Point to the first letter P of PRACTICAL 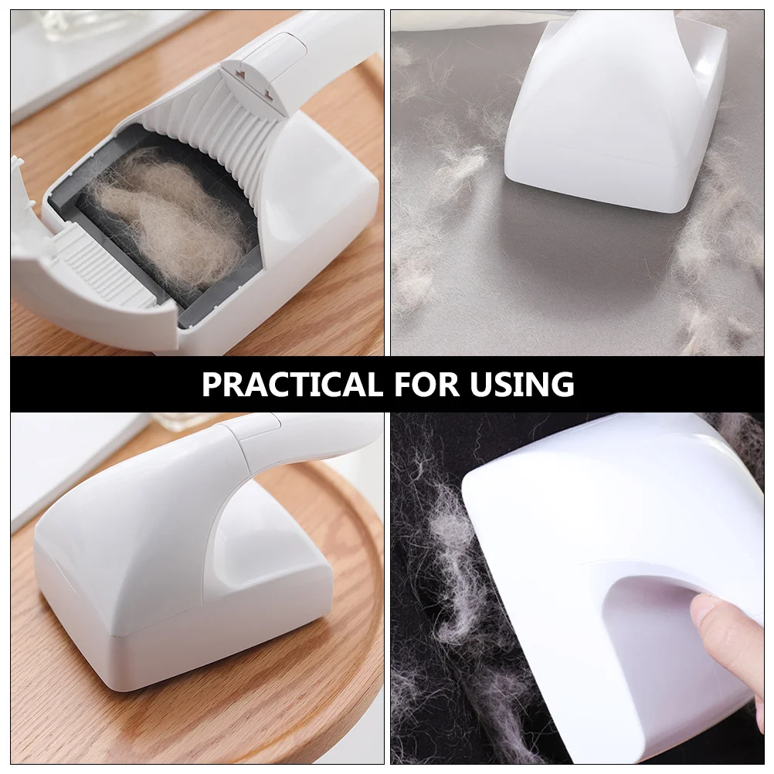tap(211, 384)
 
